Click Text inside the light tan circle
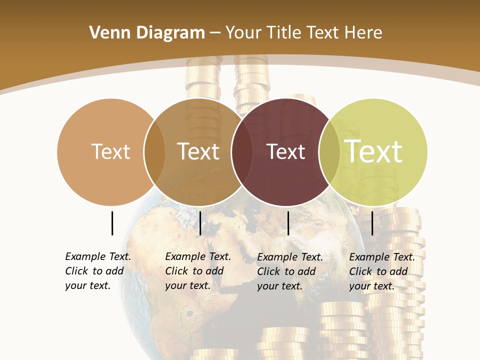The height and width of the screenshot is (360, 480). (110, 151)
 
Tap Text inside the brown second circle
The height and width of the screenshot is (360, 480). (198, 151)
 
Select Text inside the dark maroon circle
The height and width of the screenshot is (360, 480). (285, 151)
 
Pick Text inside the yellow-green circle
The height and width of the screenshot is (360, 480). (373, 151)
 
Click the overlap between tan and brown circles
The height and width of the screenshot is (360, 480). (154, 152)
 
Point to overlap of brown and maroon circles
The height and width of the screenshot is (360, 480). (242, 152)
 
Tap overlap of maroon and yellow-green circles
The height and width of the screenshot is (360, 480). (329, 152)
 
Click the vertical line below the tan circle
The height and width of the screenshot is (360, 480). (112, 223)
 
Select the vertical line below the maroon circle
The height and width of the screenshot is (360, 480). (288, 223)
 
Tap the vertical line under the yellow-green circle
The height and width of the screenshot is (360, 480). (372, 223)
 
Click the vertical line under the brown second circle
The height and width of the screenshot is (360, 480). (200, 223)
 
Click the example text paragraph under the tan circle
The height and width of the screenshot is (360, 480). (97, 271)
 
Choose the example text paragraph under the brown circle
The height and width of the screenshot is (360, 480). (197, 271)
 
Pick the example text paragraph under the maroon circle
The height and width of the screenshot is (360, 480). (289, 271)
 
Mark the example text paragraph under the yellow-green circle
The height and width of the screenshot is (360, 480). (381, 271)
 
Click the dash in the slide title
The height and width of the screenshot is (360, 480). (215, 33)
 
